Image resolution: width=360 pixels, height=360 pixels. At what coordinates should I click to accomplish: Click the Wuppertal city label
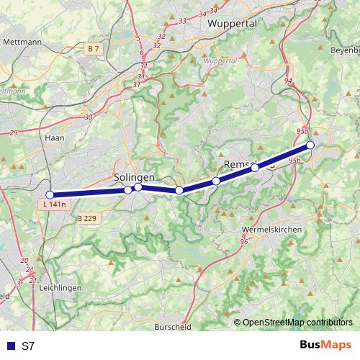coord(232,24)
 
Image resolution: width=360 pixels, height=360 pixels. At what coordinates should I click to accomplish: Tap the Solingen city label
coord(134,177)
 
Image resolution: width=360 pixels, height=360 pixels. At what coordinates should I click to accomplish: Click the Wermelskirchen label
coord(272,228)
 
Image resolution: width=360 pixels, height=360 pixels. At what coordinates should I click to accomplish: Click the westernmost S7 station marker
coord(50,195)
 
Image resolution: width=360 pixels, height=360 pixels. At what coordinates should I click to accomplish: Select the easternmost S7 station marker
coord(310,145)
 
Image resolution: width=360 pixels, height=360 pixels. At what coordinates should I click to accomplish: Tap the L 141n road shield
coord(53,205)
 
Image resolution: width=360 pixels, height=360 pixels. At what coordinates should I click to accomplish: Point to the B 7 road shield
coord(92,48)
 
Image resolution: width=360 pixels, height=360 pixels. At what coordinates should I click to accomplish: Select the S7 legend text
coord(28,346)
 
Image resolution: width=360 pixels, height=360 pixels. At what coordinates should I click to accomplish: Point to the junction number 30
coord(88,117)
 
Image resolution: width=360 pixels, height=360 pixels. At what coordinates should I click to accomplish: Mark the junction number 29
coord(13,132)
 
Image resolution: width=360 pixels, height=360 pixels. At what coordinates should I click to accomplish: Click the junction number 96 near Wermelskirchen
coord(244,241)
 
